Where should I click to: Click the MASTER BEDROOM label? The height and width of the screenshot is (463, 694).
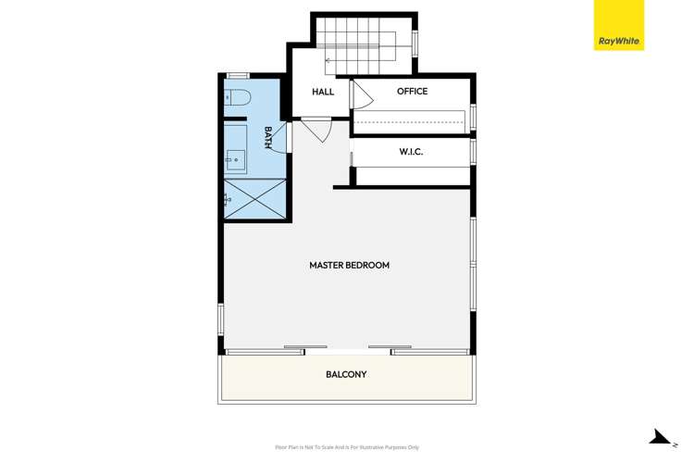[349, 266]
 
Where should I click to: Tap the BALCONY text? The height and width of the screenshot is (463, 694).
[346, 375]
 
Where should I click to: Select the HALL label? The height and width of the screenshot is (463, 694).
[323, 92]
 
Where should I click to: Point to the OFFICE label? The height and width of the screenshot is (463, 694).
[412, 92]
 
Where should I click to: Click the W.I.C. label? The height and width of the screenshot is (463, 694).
[411, 152]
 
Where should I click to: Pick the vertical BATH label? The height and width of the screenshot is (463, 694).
[268, 138]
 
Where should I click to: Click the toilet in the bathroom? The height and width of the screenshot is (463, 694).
[237, 96]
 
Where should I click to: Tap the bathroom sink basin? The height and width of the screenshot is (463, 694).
[236, 160]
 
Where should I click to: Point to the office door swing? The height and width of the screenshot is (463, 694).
[361, 94]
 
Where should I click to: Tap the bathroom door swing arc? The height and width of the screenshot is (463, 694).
[280, 139]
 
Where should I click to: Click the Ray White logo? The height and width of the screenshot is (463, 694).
[618, 25]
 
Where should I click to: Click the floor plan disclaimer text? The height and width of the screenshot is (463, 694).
[347, 447]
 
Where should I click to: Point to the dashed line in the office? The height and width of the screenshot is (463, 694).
[409, 122]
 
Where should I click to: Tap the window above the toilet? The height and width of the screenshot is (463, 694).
[238, 75]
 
